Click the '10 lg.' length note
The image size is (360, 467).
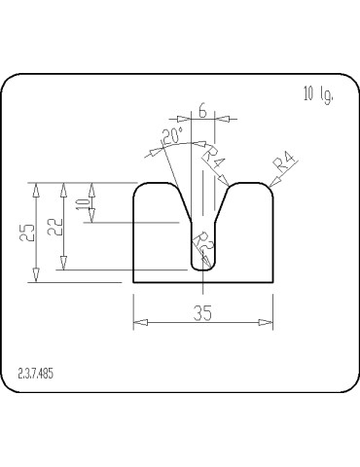pos(318,94)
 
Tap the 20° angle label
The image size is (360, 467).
pos(174,139)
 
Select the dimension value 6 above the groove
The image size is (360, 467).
pos(201,111)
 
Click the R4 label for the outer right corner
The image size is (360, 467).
pos(284,162)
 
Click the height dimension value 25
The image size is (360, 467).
pos(28,232)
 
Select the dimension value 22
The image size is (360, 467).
pos(57,227)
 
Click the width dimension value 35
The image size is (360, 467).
pos(202,312)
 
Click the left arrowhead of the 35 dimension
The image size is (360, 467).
pos(136,322)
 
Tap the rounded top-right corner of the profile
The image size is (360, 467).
pos(267,187)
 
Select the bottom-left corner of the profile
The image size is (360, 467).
pos(132,281)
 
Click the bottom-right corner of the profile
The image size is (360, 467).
pos(271,281)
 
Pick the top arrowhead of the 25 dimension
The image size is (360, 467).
pos(36,185)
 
